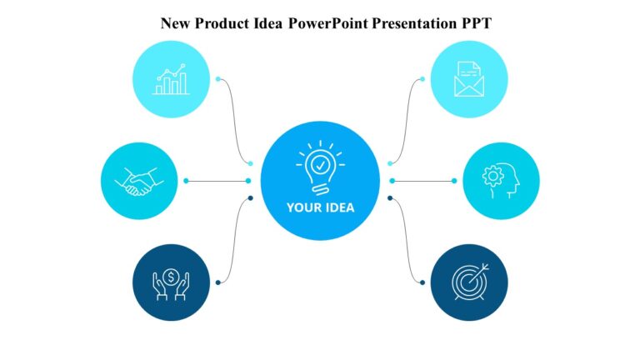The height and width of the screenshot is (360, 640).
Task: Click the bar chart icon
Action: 171,80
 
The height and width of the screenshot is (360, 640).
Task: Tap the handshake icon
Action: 139,181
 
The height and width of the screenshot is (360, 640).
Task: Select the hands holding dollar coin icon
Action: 171,282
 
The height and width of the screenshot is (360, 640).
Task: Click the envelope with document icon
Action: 468,80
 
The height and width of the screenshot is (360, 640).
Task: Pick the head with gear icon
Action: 500,181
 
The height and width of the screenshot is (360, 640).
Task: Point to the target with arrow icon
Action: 468,282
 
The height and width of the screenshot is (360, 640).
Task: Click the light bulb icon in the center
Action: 320,167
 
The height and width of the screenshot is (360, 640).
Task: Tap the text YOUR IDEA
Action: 320,208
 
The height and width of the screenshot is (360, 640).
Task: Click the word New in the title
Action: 175,22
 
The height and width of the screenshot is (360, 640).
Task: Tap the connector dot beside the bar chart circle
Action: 218,80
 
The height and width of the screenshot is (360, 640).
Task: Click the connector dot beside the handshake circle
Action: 186,181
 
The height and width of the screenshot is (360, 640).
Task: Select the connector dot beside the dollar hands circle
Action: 218,282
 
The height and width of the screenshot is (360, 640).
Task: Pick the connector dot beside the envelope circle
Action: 422,80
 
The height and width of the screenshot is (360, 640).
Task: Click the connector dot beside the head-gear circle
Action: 454,181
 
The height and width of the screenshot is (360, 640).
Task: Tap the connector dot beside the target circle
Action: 422,282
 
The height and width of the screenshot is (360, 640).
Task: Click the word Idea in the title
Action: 267,22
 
